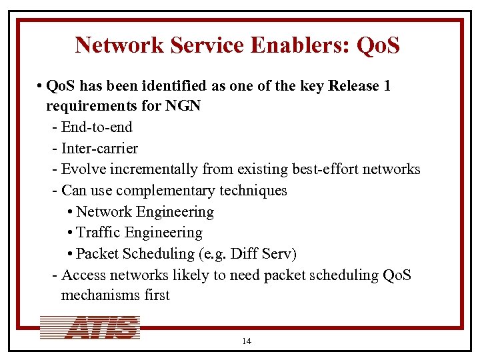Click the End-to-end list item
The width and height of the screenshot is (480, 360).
(97, 127)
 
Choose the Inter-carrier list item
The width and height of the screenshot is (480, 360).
(99, 148)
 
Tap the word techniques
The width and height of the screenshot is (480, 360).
(257, 191)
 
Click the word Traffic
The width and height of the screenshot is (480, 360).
(97, 233)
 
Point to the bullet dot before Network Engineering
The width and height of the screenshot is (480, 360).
(71, 212)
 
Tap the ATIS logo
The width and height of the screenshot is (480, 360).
(91, 327)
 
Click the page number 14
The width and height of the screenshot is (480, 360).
(247, 341)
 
